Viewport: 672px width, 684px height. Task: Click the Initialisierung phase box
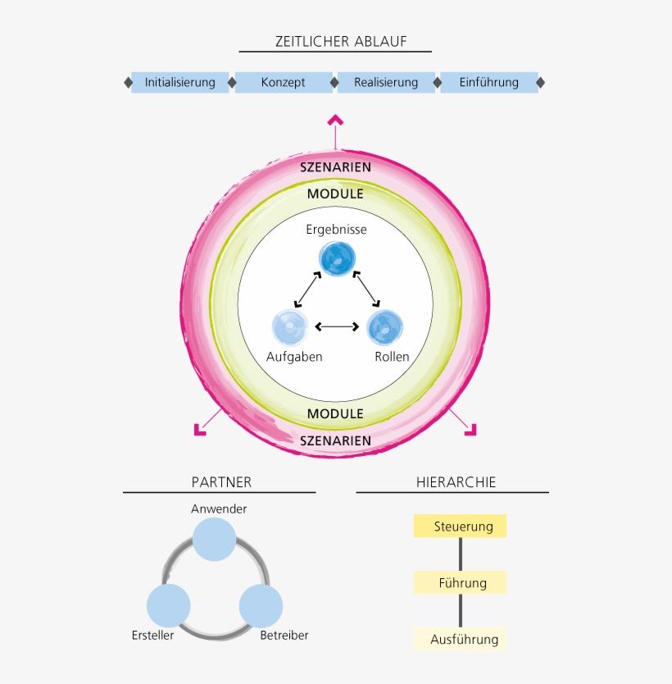(179, 82)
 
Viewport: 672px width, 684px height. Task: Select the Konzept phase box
(284, 82)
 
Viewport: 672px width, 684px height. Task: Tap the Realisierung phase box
(386, 82)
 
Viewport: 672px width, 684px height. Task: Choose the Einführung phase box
(489, 82)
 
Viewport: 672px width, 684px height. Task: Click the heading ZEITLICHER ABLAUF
(335, 42)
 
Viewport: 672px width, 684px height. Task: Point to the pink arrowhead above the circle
(335, 121)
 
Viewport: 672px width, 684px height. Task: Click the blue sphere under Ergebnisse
(337, 260)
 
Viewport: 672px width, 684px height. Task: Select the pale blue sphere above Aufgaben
(290, 327)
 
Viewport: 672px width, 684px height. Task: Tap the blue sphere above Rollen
(384, 327)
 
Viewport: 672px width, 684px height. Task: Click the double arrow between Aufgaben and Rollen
(337, 326)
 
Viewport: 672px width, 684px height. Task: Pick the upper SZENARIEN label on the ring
(335, 167)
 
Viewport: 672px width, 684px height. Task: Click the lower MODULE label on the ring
(335, 414)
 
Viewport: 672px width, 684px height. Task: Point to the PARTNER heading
(221, 482)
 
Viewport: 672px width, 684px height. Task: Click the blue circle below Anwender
(214, 540)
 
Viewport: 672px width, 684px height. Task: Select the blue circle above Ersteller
(169, 607)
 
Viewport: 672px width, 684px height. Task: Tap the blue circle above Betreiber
(261, 607)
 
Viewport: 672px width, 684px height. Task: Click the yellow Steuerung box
(460, 527)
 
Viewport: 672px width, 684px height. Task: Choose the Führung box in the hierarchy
(460, 583)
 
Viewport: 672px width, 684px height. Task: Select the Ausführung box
(460, 640)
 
